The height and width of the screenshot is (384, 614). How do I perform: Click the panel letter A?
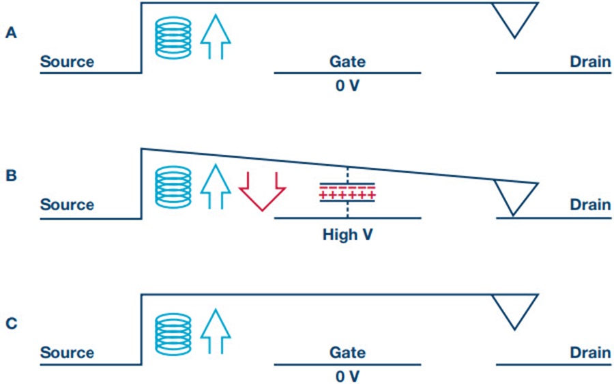(11, 33)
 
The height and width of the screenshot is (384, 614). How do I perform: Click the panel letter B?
(12, 175)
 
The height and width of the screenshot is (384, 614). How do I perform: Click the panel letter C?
(12, 323)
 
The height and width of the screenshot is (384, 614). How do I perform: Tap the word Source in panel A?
(67, 61)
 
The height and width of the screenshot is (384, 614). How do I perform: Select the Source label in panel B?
(67, 205)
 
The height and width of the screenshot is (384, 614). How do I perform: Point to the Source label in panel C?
(67, 353)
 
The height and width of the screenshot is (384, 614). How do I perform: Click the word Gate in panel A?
(347, 61)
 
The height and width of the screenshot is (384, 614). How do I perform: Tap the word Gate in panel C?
(347, 353)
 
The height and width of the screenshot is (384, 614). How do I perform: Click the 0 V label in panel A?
(347, 85)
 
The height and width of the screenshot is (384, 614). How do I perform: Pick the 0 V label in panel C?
(347, 376)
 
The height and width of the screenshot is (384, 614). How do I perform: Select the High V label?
(347, 235)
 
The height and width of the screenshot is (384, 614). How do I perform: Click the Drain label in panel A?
(590, 61)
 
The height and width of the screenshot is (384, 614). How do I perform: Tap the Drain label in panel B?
(590, 205)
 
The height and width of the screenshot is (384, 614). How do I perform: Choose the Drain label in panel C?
(590, 353)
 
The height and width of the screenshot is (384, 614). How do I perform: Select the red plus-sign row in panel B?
(347, 195)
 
